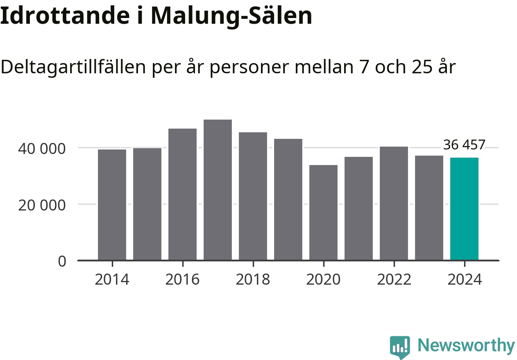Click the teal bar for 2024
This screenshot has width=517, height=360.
tap(464, 209)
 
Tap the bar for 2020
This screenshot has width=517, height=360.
tap(323, 213)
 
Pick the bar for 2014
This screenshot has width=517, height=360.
tap(112, 205)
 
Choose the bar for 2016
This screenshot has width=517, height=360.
tap(182, 194)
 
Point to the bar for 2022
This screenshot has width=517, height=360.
tap(394, 203)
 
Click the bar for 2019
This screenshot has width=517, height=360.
tap(288, 199)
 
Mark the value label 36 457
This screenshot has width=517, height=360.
tap(464, 145)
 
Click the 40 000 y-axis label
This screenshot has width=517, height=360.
tap(41, 148)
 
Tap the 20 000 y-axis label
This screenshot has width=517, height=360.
tap(41, 205)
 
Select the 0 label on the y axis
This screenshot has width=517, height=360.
tap(62, 261)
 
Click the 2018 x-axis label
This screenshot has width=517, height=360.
tap(253, 280)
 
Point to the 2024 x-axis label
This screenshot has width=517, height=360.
tap(464, 280)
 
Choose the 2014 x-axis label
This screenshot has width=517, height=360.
tap(112, 280)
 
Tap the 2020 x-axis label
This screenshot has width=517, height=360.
tap(323, 280)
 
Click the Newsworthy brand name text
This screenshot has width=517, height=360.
tap(466, 346)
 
